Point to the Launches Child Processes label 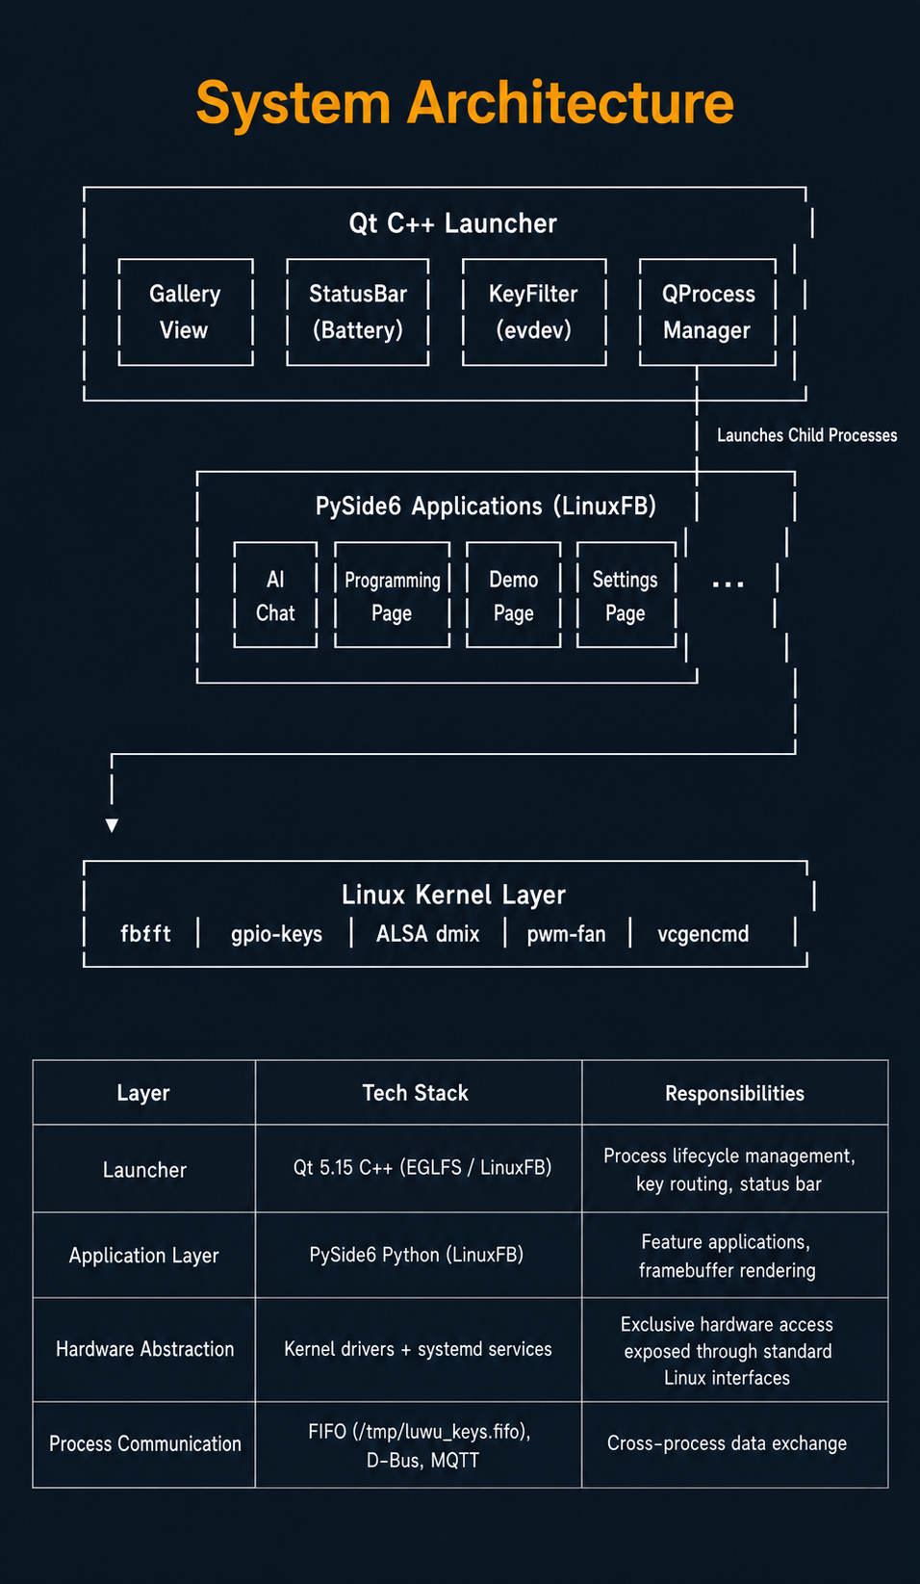tap(807, 435)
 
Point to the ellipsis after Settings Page tap(728, 584)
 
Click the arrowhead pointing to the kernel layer tap(112, 825)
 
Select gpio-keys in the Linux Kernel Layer tap(276, 934)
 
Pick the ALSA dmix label tap(427, 933)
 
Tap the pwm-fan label tap(566, 934)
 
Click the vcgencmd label tap(703, 934)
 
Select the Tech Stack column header tap(416, 1093)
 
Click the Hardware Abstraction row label tap(145, 1348)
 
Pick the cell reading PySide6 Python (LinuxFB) tap(416, 1255)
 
